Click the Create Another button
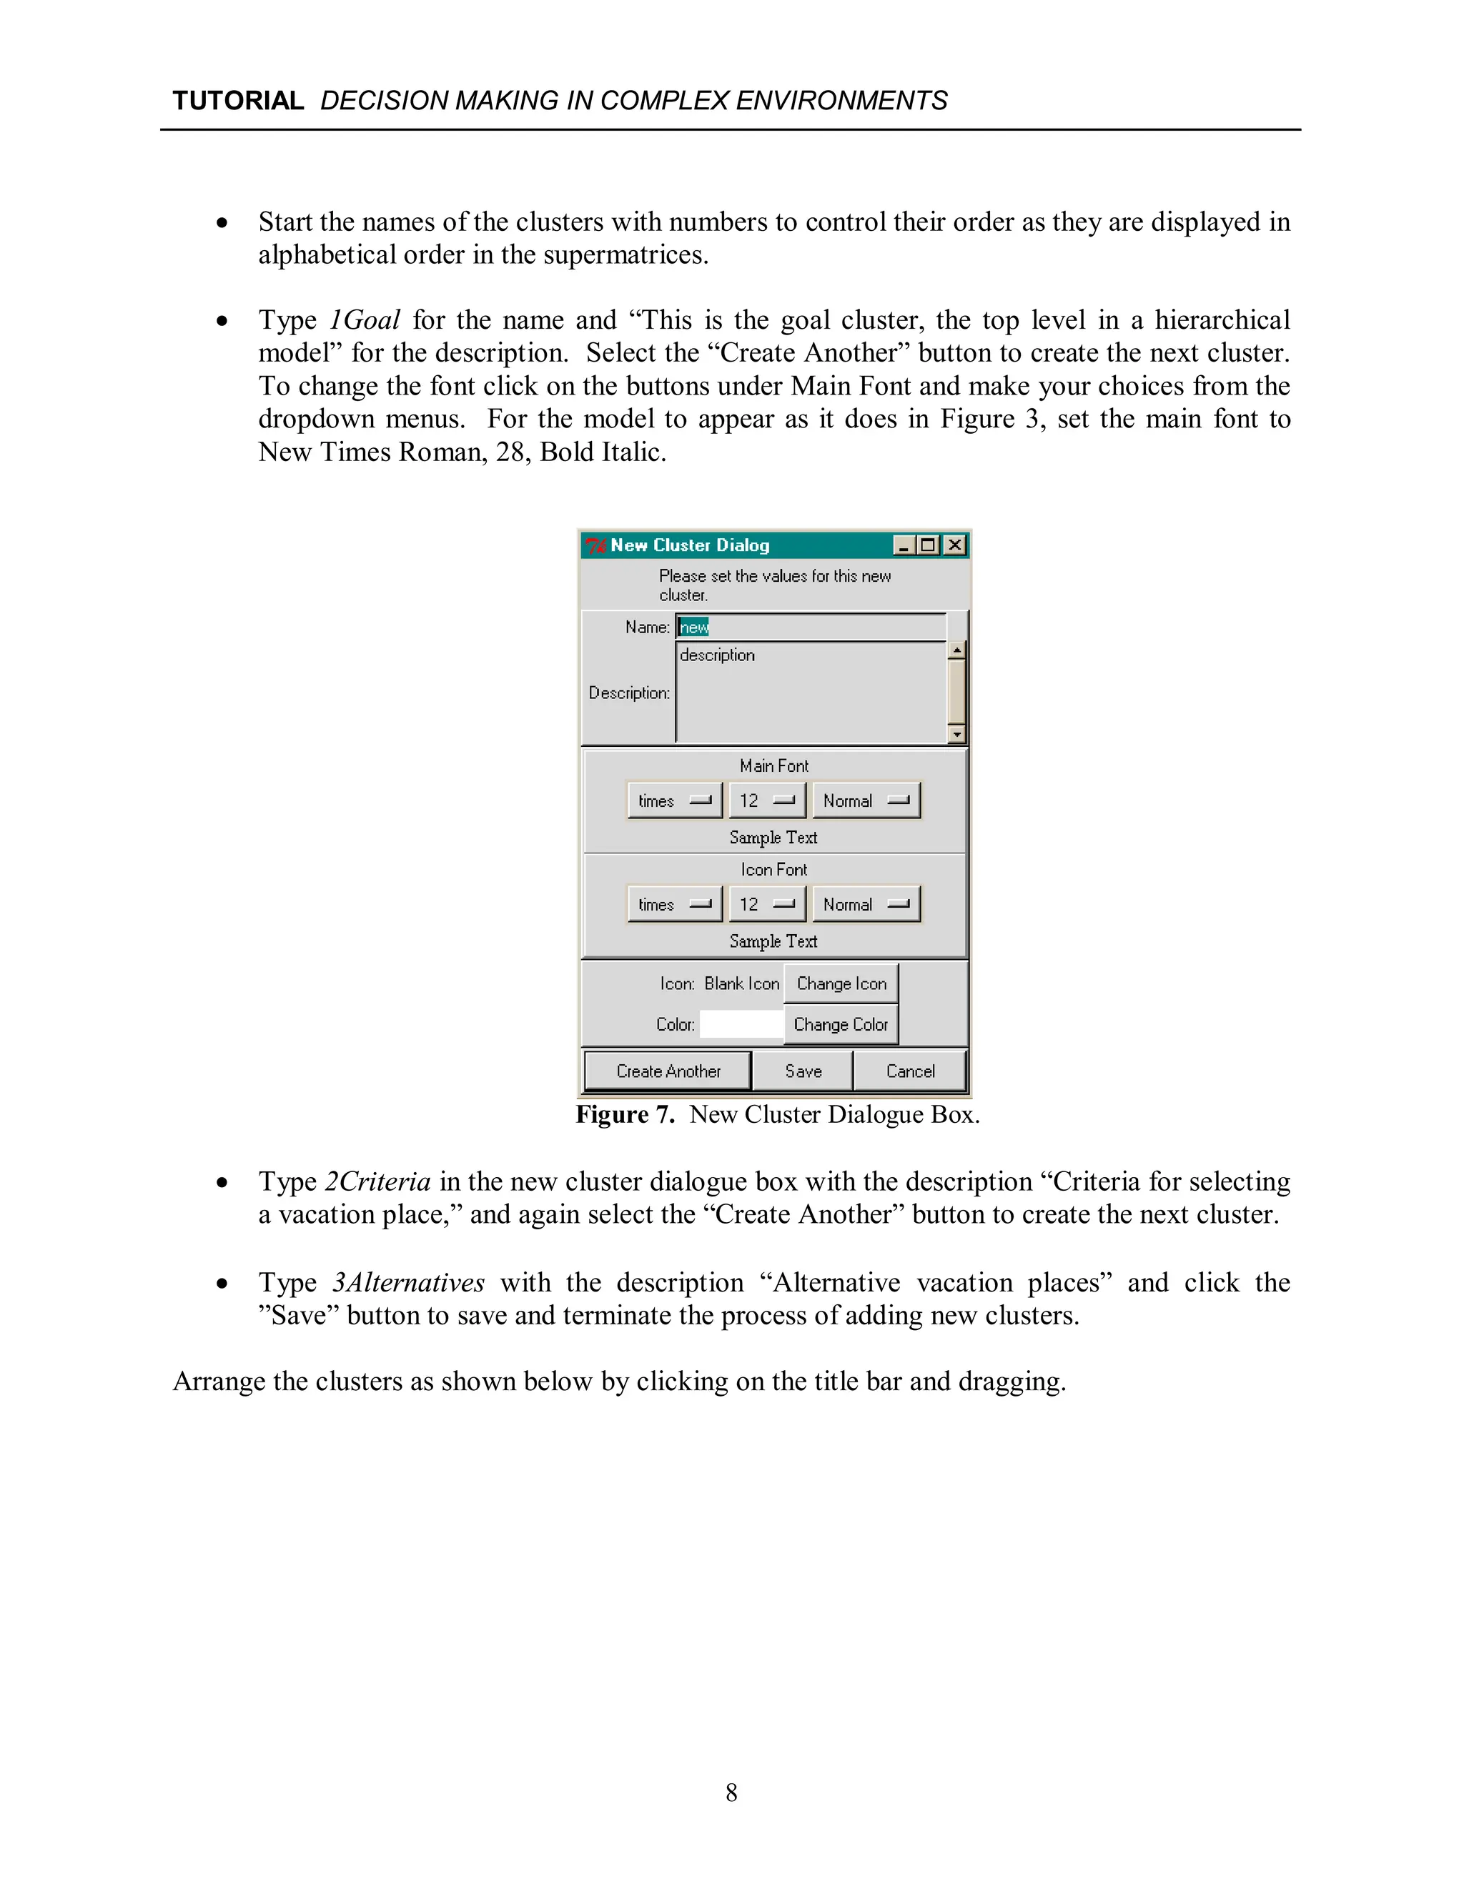click(667, 1071)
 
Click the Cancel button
click(910, 1071)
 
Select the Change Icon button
click(841, 983)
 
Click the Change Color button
click(841, 1024)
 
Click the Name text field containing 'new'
click(810, 627)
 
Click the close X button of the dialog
click(955, 545)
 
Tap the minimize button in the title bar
click(904, 545)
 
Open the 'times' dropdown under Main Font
click(674, 800)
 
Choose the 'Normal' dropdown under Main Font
click(866, 800)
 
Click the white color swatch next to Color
click(741, 1024)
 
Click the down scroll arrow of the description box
click(956, 735)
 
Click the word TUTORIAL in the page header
click(237, 101)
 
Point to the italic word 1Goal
click(365, 320)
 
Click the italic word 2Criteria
click(377, 1182)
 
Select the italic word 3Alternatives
click(407, 1283)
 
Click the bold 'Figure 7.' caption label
click(625, 1114)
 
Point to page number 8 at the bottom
click(731, 1793)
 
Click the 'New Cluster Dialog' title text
click(690, 545)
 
